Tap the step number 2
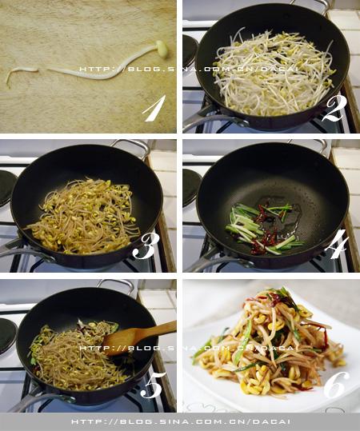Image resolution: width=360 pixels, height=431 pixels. (334, 109)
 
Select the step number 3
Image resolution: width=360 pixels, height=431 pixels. (143, 246)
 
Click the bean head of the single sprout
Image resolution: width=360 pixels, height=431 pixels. (161, 50)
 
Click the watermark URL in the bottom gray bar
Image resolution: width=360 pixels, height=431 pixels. (181, 422)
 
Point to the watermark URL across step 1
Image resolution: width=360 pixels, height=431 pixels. (189, 69)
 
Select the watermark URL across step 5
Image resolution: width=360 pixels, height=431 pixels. (187, 348)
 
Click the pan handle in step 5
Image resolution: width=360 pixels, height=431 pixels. (36, 401)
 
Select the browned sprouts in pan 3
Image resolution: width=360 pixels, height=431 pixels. (83, 217)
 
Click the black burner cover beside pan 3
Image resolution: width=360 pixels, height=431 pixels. (7, 188)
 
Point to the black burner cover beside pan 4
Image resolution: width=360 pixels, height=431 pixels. (191, 187)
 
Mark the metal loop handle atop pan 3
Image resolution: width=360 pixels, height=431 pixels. (132, 146)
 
